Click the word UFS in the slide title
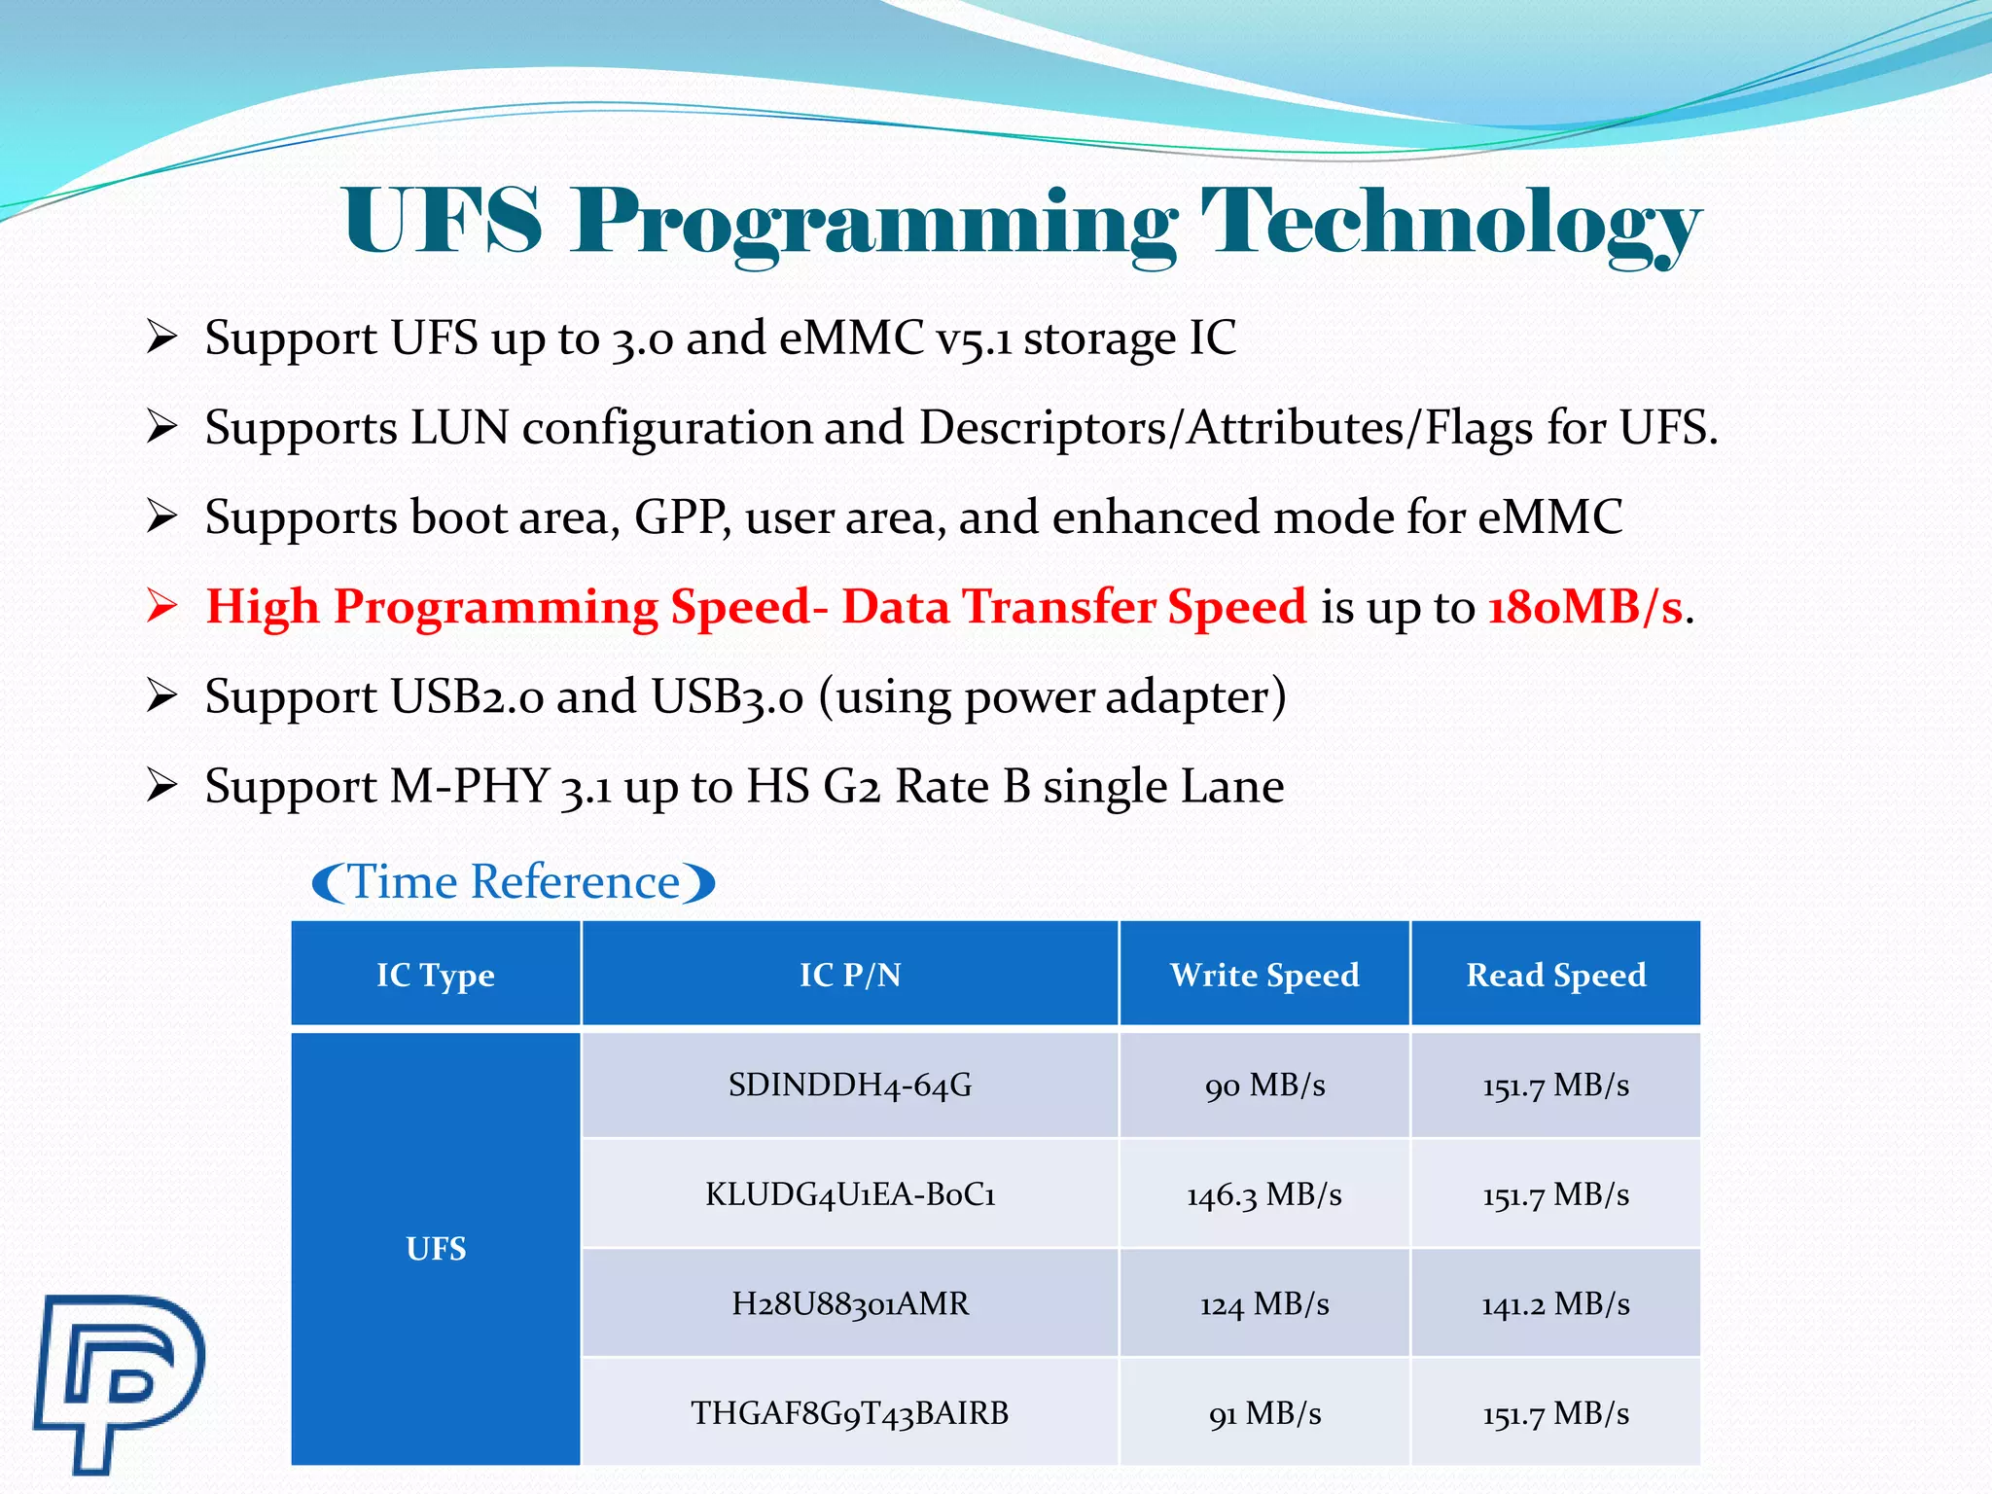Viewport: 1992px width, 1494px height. click(x=442, y=222)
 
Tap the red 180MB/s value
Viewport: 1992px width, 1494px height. click(x=1585, y=607)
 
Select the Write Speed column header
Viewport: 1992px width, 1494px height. click(x=1264, y=975)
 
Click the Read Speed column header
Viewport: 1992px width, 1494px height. click(x=1555, y=975)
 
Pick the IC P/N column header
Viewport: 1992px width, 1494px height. click(x=850, y=975)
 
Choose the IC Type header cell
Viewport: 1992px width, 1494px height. click(x=436, y=975)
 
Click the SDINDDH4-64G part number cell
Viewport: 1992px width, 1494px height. click(x=850, y=1085)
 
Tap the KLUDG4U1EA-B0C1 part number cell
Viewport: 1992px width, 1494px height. click(x=850, y=1194)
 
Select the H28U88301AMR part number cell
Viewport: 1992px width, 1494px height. click(x=850, y=1303)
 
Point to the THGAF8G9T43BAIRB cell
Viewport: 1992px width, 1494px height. click(x=850, y=1412)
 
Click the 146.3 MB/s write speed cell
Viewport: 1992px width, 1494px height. click(x=1264, y=1194)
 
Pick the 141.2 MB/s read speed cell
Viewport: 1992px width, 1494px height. click(x=1555, y=1303)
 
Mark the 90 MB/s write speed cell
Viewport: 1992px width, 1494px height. click(x=1264, y=1085)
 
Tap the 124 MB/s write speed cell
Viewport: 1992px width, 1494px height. click(x=1264, y=1303)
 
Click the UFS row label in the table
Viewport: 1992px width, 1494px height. click(x=436, y=1249)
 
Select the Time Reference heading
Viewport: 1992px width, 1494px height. click(x=514, y=882)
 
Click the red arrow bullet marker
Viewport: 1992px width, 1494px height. click(x=161, y=606)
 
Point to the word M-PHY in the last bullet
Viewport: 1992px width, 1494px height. click(x=470, y=786)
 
